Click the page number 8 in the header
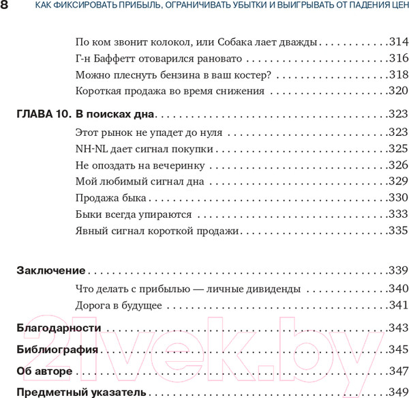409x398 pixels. [x=5, y=7]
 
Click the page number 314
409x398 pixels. [x=397, y=42]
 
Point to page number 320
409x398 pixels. [x=397, y=91]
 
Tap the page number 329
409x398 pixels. [x=397, y=181]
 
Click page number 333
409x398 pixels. [x=397, y=214]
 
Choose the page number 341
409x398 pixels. [x=397, y=304]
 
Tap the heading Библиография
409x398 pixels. [x=57, y=350]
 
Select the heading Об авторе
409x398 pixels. [x=44, y=371]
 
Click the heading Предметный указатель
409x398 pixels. [x=80, y=393]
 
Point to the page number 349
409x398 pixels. [x=397, y=393]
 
